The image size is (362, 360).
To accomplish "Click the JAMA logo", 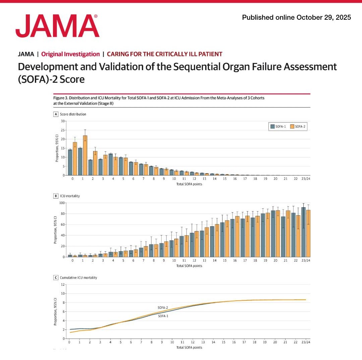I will point(57,26).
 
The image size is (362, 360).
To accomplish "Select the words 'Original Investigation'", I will point(70,54).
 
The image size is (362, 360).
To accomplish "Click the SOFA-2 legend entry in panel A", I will point(298,126).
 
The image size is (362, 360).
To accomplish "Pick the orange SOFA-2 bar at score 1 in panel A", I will point(85,156).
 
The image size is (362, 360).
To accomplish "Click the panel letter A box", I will point(56,114).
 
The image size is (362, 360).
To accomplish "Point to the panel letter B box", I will point(56,196).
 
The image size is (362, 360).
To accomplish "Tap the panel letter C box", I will point(56,278).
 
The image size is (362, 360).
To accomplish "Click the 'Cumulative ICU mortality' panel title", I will point(78,278).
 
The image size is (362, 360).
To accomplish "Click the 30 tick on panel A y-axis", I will point(62,121).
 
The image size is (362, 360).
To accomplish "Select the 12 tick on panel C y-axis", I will point(62,285).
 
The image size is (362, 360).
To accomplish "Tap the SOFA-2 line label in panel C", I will point(163,307).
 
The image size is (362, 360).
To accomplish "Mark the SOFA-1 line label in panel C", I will point(163,316).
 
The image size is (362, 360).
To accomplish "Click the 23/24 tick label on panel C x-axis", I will point(305,343).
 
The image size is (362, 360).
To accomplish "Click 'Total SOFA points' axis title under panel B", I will point(189,266).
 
